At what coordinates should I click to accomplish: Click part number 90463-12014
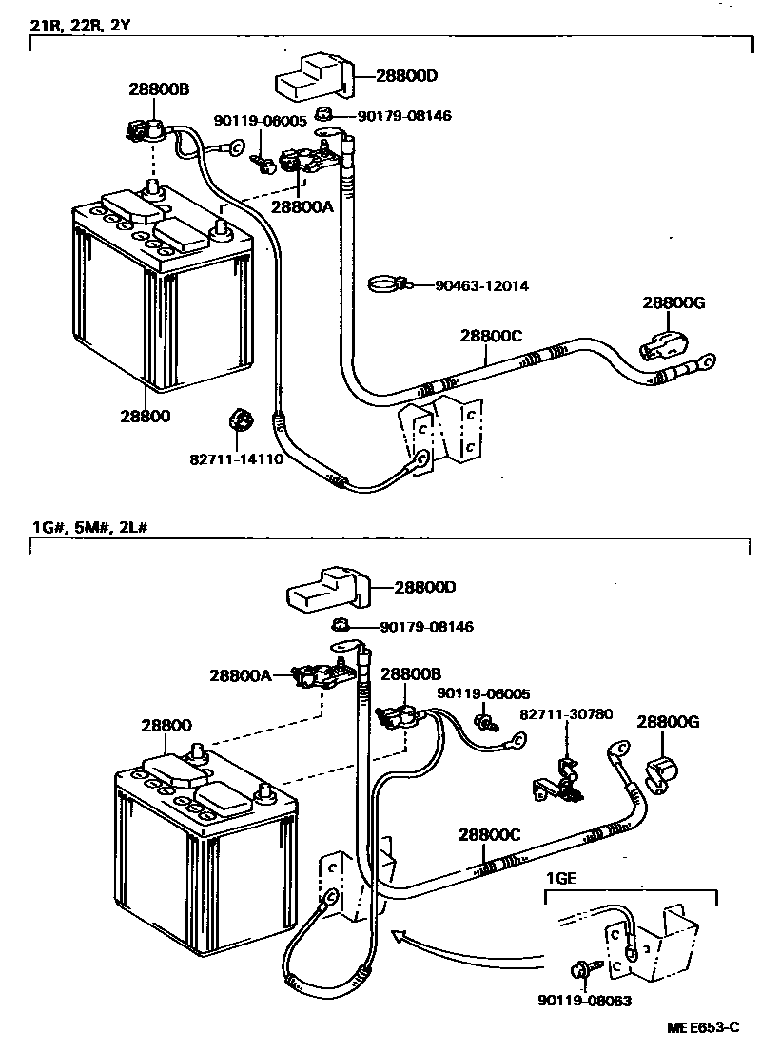(481, 285)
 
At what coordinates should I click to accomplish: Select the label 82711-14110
(237, 458)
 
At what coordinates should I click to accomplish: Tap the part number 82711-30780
(566, 713)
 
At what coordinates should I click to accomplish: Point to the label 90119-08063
(584, 1001)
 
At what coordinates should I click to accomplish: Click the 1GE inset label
(561, 878)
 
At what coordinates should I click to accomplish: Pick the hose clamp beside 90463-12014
(387, 283)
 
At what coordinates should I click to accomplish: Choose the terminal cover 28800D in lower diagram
(323, 590)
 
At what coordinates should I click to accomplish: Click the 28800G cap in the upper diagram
(660, 342)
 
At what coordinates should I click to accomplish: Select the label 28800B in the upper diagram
(160, 88)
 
